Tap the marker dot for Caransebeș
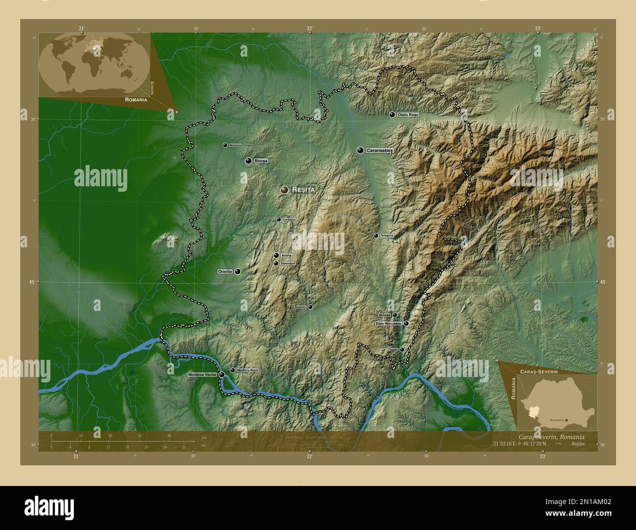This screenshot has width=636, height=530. point(360,151)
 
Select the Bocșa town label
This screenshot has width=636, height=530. point(261,161)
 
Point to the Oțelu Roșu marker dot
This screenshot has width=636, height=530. point(392,114)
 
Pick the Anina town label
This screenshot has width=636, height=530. point(287,255)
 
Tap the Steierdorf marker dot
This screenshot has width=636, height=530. point(276,264)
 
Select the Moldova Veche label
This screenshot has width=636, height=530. point(202,375)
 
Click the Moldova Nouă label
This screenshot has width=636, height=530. point(247,370)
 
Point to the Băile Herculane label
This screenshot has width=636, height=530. point(387,324)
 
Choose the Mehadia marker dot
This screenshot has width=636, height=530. point(394,315)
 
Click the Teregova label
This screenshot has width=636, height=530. point(386,236)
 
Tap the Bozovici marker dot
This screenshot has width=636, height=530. point(310,307)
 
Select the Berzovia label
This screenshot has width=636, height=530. point(235,145)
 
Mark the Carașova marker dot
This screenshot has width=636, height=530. point(278,220)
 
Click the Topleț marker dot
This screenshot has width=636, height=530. point(402,350)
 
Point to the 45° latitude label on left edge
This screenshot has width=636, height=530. point(32,282)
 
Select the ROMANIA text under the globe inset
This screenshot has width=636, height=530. point(136,100)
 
